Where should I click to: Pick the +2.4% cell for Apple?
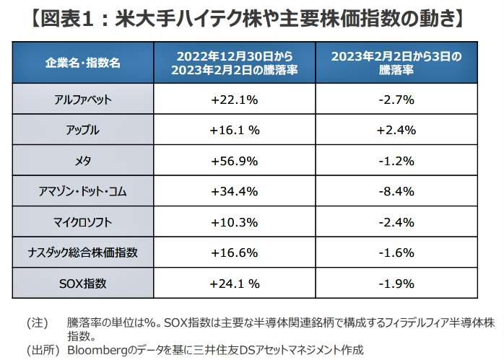395,131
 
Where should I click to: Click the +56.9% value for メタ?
233,161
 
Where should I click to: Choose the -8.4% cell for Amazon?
395,191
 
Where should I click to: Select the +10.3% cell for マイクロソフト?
233,221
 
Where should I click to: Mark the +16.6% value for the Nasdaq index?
233,253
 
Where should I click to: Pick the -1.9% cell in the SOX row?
395,283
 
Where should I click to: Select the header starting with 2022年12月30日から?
233,62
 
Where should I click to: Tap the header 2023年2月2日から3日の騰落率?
395,62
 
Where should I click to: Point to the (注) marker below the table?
37,322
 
